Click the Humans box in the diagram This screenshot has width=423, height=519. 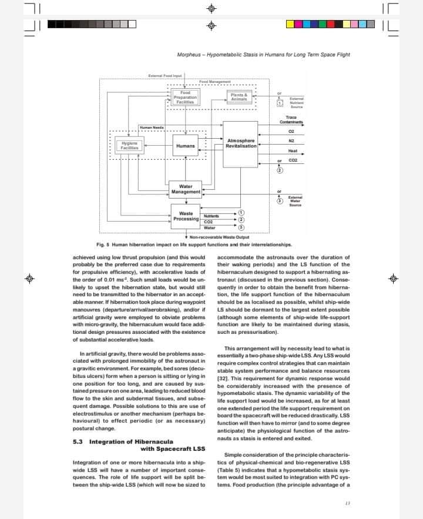pos(185,145)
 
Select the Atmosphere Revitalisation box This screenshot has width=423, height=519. pos(241,143)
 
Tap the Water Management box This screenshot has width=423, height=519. pos(186,189)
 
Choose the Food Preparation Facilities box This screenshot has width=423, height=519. pos(185,97)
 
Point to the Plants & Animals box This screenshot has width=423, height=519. pos(239,97)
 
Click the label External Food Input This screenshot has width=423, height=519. pos(165,76)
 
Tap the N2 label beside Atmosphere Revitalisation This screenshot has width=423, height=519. pos(291,140)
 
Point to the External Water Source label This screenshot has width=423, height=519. pos(295,200)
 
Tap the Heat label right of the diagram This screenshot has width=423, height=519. pos(293,150)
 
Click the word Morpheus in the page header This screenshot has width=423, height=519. pos(190,55)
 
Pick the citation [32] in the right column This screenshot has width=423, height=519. pos(223,379)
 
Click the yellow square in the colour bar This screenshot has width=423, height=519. pos(290,25)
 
